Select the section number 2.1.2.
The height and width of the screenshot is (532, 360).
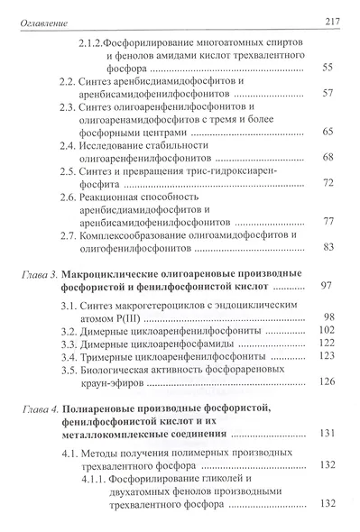pos(91,43)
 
